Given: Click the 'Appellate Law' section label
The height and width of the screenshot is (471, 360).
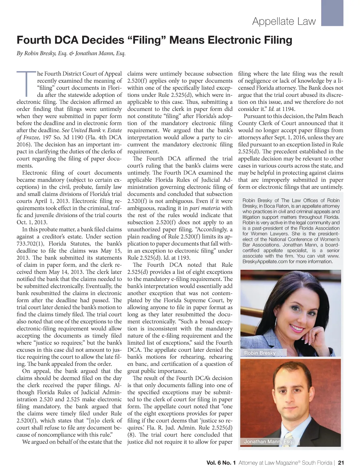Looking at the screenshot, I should pyautogui.click(x=284, y=21).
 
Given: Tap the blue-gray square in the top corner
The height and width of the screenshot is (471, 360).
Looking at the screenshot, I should pyautogui.click(x=332, y=13).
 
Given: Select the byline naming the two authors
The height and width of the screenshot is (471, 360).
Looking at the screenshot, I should pyautogui.click(x=71, y=53).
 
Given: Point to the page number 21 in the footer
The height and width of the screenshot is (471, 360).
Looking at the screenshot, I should pyautogui.click(x=340, y=463).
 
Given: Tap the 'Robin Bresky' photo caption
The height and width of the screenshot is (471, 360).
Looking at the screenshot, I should pyautogui.click(x=260, y=353).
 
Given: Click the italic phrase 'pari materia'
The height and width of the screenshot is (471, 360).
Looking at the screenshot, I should pyautogui.click(x=205, y=208).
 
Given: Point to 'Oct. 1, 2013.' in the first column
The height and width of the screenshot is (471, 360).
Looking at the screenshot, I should pyautogui.click(x=32, y=222).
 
